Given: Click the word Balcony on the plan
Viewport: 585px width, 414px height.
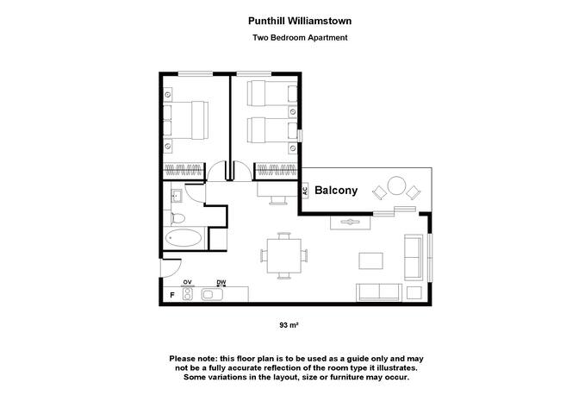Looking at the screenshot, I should tap(335, 191).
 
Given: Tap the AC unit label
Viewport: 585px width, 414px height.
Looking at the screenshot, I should tap(304, 191).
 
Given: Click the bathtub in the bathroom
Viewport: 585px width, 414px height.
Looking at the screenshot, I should tap(184, 239).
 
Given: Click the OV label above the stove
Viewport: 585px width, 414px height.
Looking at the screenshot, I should tap(187, 282).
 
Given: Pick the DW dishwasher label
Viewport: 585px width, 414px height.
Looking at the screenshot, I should tap(221, 282).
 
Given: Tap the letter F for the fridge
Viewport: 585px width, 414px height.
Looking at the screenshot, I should tap(172, 295).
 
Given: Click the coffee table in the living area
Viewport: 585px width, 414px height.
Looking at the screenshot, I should tap(372, 260).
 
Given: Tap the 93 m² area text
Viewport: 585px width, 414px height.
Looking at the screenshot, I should tap(288, 325).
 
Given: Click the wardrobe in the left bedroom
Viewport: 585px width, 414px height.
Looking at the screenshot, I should tap(185, 166).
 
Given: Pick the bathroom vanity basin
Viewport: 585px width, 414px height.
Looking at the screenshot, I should tap(176, 193).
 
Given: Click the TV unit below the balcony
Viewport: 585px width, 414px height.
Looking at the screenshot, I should tap(351, 222).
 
